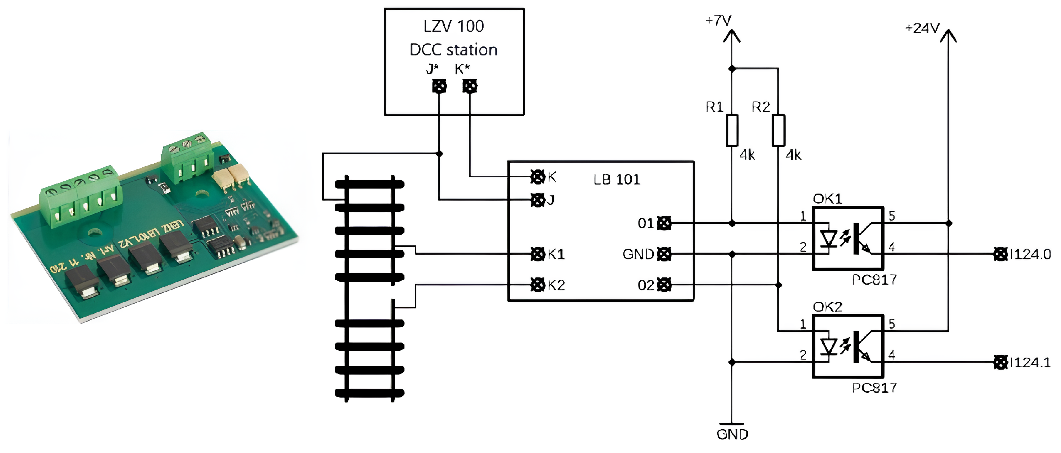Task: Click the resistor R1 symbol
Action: point(732,131)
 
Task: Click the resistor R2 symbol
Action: point(778,131)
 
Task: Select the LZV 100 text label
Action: point(453,26)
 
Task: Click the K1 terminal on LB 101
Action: point(538,254)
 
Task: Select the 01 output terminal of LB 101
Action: point(664,223)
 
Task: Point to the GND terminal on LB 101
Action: point(664,254)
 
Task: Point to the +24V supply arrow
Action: point(948,36)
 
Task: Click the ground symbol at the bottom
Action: point(732,424)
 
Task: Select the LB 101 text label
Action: point(617,180)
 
